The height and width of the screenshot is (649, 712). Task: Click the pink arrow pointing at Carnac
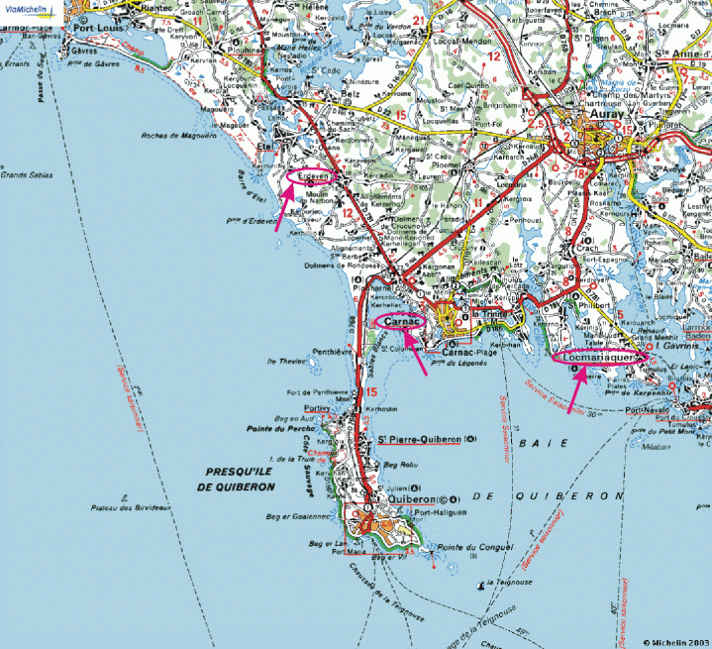(416, 352)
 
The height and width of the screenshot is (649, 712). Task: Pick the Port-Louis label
(97, 28)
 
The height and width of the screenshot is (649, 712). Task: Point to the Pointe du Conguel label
(471, 548)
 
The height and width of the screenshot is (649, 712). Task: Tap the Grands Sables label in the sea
(24, 175)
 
